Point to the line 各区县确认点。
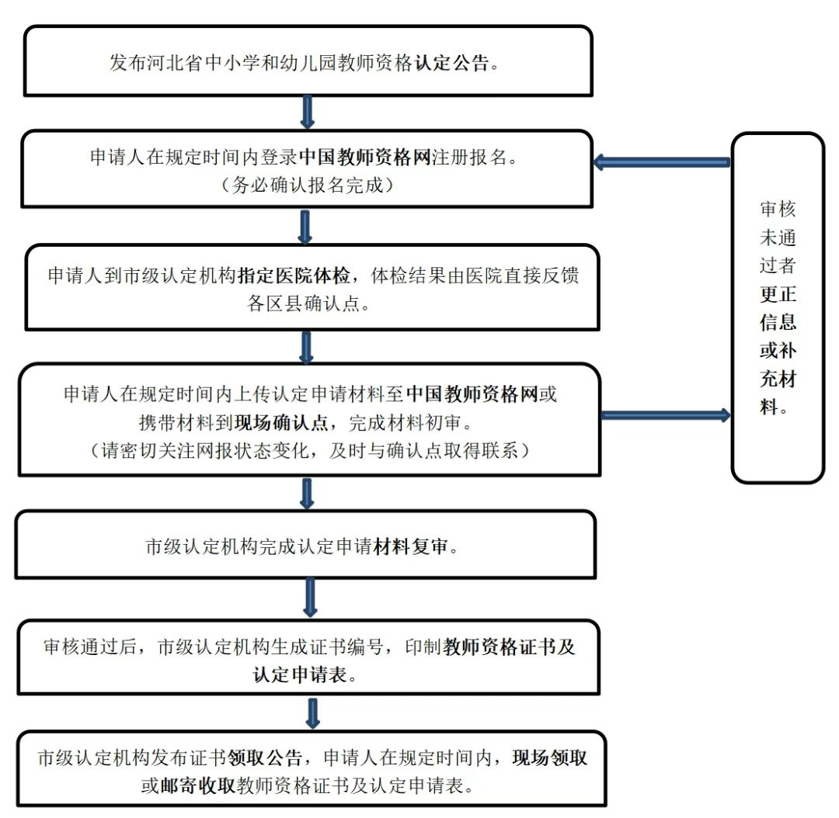pyautogui.click(x=308, y=303)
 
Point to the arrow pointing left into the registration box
pyautogui.click(x=661, y=162)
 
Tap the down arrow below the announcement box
pyautogui.click(x=308, y=111)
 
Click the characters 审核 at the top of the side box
pyautogui.click(x=778, y=210)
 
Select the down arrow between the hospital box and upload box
pyautogui.click(x=307, y=347)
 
